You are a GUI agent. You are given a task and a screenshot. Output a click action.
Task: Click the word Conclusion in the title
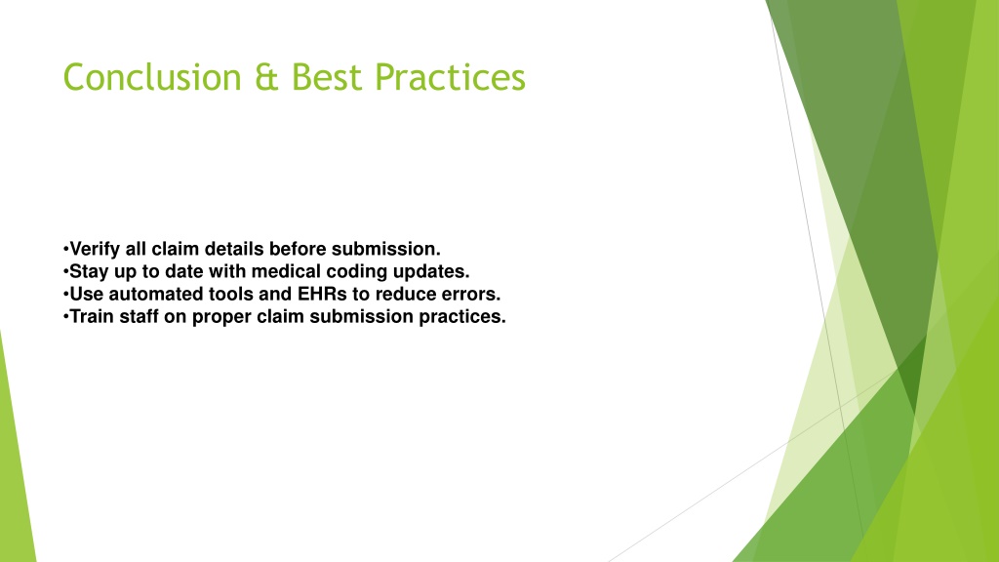(x=152, y=77)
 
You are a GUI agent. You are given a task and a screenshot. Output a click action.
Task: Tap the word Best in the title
(x=326, y=77)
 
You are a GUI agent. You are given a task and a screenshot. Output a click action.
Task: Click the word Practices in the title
(x=450, y=77)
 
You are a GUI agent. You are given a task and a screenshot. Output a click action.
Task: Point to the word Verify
(x=95, y=249)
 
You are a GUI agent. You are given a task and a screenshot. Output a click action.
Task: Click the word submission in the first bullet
(x=386, y=249)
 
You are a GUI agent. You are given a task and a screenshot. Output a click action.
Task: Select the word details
(x=233, y=249)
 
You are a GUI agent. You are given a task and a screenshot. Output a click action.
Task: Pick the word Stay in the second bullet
(x=89, y=272)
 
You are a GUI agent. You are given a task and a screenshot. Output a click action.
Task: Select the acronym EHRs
(x=322, y=294)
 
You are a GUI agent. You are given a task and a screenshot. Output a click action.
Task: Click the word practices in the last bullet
(x=461, y=317)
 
